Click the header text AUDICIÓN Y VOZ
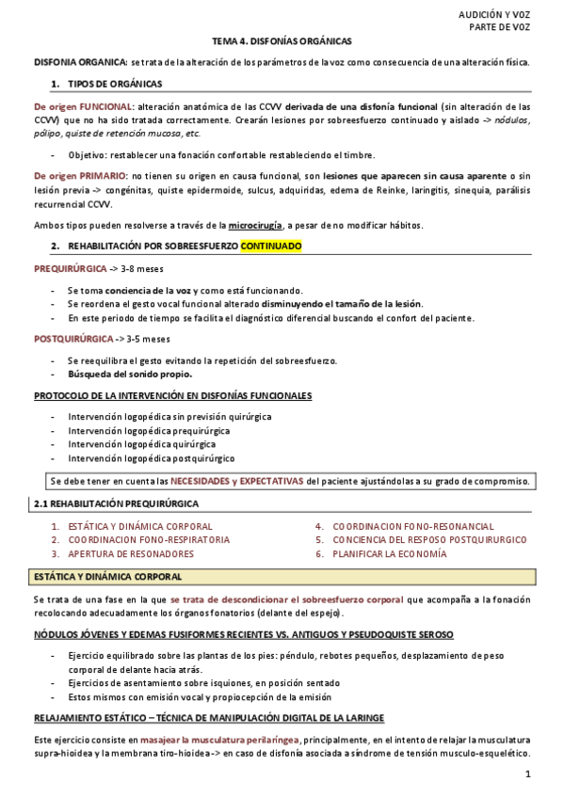click(x=494, y=15)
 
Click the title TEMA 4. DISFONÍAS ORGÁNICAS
click(x=282, y=42)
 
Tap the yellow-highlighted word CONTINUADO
click(x=271, y=247)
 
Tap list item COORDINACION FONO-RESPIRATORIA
click(x=149, y=540)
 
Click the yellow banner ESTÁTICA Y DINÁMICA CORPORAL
click(x=108, y=576)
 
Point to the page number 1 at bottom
click(x=528, y=774)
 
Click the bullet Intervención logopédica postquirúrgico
click(x=151, y=458)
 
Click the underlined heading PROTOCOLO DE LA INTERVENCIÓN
click(x=172, y=396)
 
